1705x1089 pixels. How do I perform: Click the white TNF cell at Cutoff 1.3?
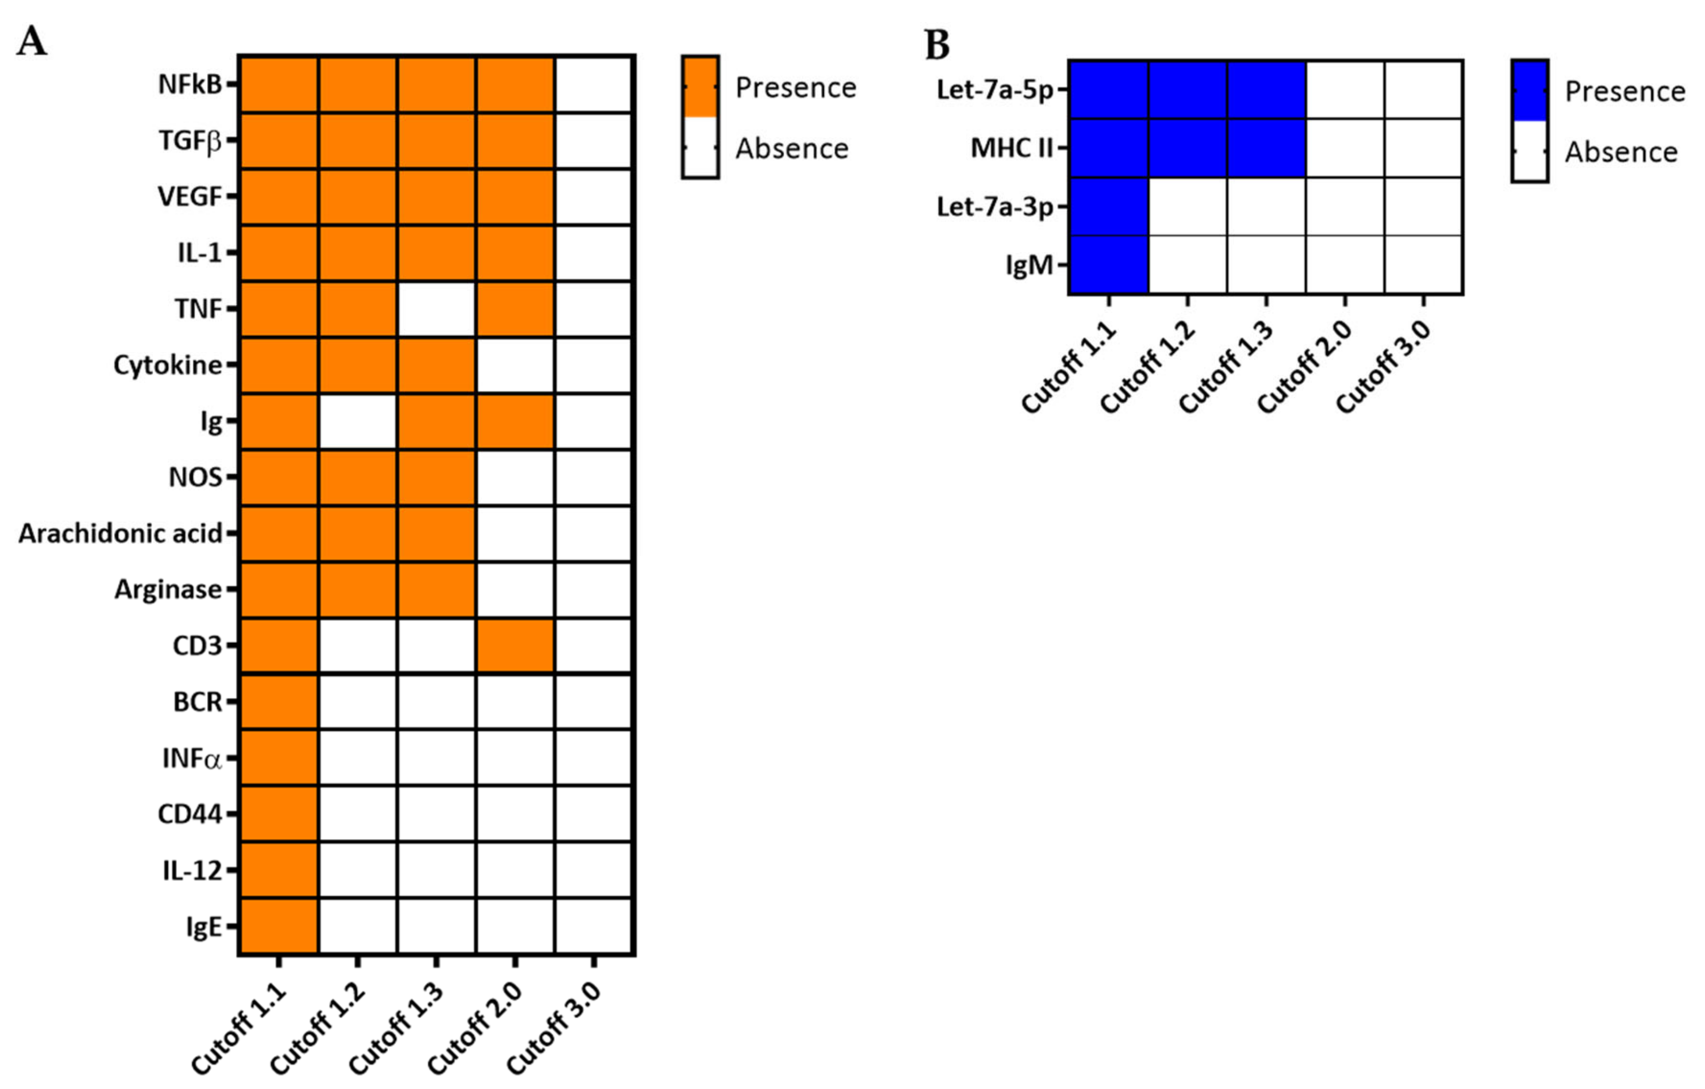[436, 309]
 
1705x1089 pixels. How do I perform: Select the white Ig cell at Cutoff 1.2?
[357, 421]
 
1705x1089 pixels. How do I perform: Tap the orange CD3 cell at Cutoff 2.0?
[515, 645]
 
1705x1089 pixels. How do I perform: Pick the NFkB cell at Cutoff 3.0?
[593, 84]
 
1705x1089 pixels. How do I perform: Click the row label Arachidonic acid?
[120, 533]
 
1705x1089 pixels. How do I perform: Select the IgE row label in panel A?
[204, 926]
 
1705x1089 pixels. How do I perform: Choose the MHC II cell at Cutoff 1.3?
[1266, 148]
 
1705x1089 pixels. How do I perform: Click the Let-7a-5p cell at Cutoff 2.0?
[1345, 89]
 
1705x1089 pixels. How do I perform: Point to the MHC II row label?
[1011, 148]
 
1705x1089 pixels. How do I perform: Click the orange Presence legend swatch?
[700, 86]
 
